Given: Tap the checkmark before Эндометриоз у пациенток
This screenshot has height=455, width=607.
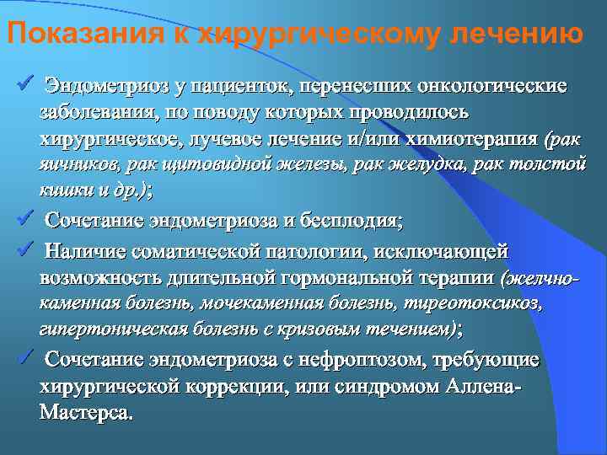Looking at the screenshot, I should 24,84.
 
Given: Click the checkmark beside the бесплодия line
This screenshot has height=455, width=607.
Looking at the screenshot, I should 24,221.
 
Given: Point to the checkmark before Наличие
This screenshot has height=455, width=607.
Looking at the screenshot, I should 24,250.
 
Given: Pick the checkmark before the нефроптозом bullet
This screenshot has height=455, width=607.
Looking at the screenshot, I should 24,358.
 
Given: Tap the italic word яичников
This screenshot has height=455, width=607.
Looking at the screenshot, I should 73,164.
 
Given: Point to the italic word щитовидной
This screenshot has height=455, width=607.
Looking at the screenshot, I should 223,164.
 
